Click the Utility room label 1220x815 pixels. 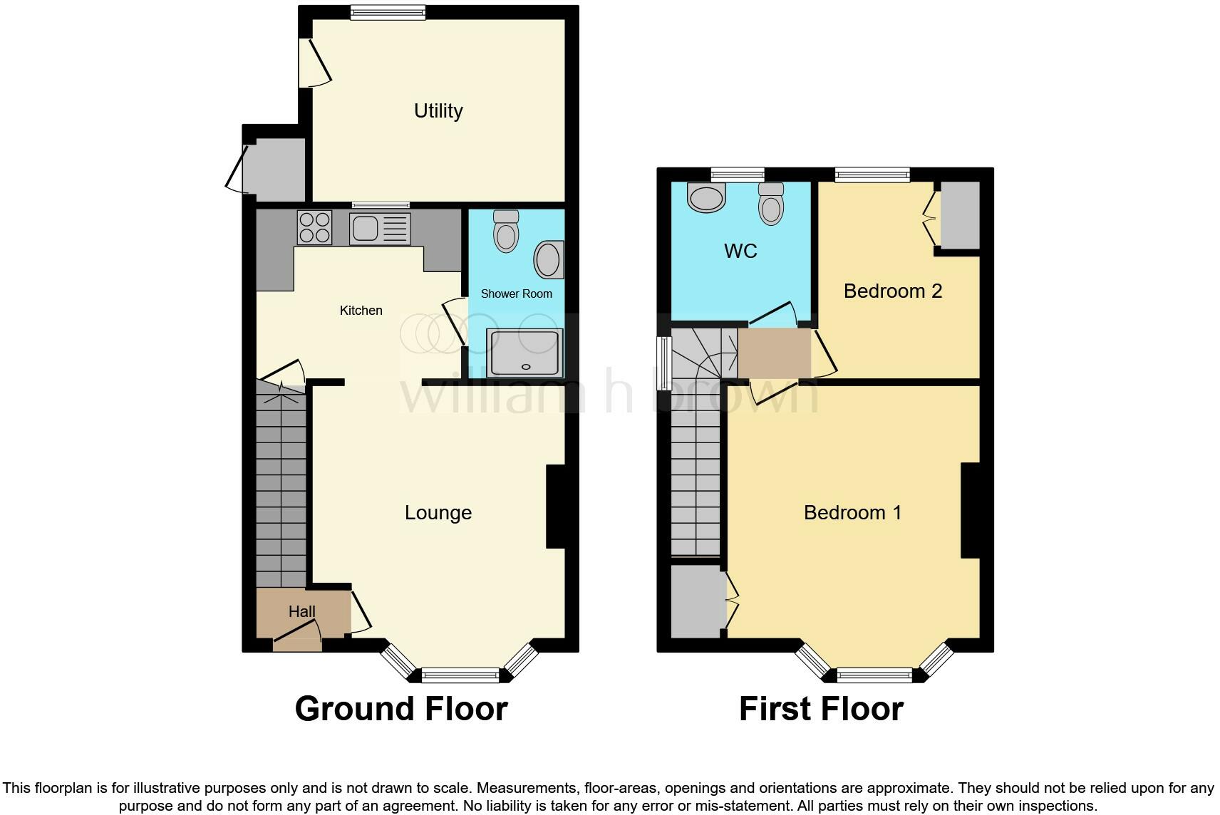pyautogui.click(x=438, y=111)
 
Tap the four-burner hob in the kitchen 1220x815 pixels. pyautogui.click(x=314, y=228)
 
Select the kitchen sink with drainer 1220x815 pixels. pyautogui.click(x=380, y=228)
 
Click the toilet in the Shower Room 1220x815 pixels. pyautogui.click(x=506, y=232)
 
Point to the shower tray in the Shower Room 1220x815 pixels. pyautogui.click(x=525, y=353)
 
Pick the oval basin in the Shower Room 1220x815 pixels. pyautogui.click(x=549, y=259)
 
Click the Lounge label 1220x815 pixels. pyautogui.click(x=438, y=513)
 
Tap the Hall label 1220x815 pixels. pyautogui.click(x=301, y=611)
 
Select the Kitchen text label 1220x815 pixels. pyautogui.click(x=361, y=311)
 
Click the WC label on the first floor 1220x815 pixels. pyautogui.click(x=740, y=251)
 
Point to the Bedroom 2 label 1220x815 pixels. pyautogui.click(x=893, y=291)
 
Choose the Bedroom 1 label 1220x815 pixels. pyautogui.click(x=852, y=513)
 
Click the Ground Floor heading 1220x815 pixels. pyautogui.click(x=401, y=709)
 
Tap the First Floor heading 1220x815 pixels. pyautogui.click(x=821, y=709)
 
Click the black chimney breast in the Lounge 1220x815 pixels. pyautogui.click(x=556, y=507)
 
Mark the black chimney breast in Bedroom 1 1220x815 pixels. pyautogui.click(x=971, y=510)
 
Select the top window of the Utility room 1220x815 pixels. pyautogui.click(x=388, y=11)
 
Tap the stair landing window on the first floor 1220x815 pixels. pyautogui.click(x=664, y=363)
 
